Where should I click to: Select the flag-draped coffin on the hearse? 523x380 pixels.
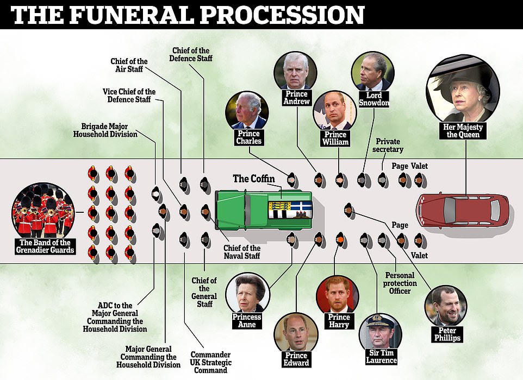(x=290, y=210)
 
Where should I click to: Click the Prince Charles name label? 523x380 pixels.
(x=248, y=137)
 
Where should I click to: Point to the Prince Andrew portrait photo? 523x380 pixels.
(x=295, y=71)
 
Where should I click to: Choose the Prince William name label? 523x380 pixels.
(x=335, y=138)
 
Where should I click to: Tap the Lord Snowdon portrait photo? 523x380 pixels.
(x=373, y=72)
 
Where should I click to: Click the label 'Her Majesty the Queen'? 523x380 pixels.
(x=463, y=131)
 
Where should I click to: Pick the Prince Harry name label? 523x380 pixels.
(x=339, y=321)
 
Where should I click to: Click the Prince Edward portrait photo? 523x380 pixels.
(x=296, y=332)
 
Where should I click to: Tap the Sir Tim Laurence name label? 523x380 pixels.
(x=381, y=357)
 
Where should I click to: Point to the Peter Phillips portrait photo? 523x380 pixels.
(x=446, y=306)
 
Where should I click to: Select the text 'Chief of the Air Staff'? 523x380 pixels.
(x=129, y=65)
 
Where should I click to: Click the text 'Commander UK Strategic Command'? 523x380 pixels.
(x=210, y=362)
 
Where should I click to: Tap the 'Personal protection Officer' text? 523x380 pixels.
(x=400, y=283)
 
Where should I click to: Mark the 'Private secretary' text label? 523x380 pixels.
(x=388, y=145)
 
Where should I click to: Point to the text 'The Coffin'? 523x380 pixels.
(x=254, y=179)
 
